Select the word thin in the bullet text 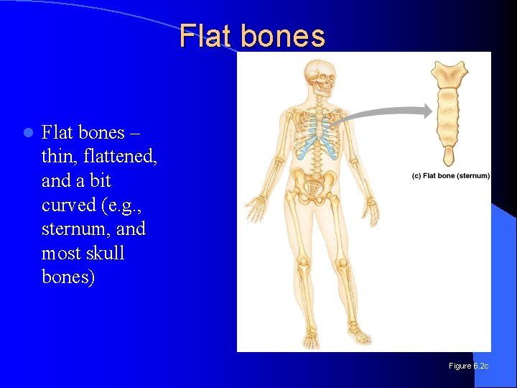(61, 156)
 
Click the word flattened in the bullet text (121, 156)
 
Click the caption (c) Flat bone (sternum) (451, 176)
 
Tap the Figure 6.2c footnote (468, 366)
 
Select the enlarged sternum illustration (449, 108)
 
